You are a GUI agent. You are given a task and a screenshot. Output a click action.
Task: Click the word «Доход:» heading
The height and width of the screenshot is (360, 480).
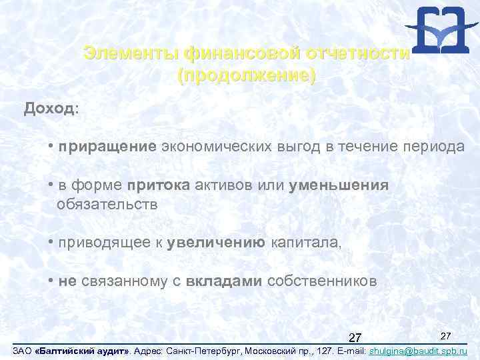pyautogui.click(x=51, y=109)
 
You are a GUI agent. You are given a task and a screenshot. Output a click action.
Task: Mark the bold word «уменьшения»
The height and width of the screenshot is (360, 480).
pyautogui.click(x=339, y=185)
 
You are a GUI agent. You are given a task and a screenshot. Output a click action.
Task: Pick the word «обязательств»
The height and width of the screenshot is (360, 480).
pyautogui.click(x=107, y=205)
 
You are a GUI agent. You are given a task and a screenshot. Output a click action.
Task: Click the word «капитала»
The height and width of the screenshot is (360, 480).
pyautogui.click(x=305, y=243)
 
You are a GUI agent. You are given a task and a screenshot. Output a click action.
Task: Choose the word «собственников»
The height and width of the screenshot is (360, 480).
pyautogui.click(x=321, y=281)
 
